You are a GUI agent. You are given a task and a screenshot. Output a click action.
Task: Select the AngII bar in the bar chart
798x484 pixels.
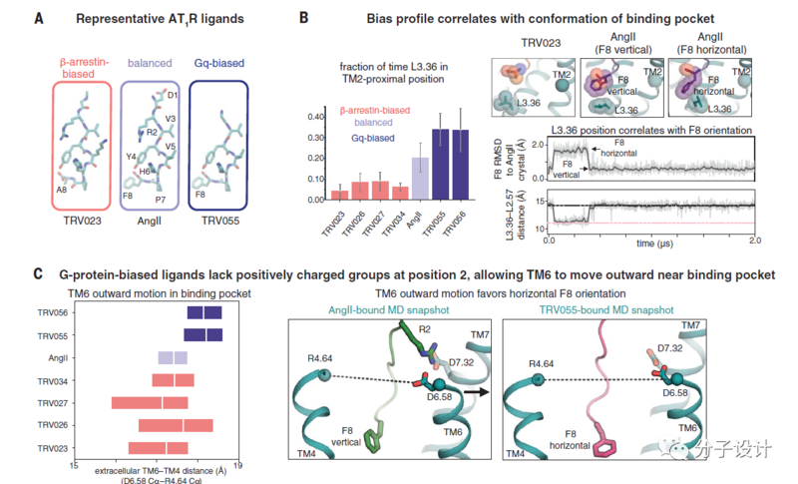[420, 179]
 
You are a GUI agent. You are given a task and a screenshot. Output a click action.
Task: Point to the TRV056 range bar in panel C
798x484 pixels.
[204, 312]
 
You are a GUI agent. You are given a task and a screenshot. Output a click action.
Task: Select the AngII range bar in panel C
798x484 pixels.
[173, 357]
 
